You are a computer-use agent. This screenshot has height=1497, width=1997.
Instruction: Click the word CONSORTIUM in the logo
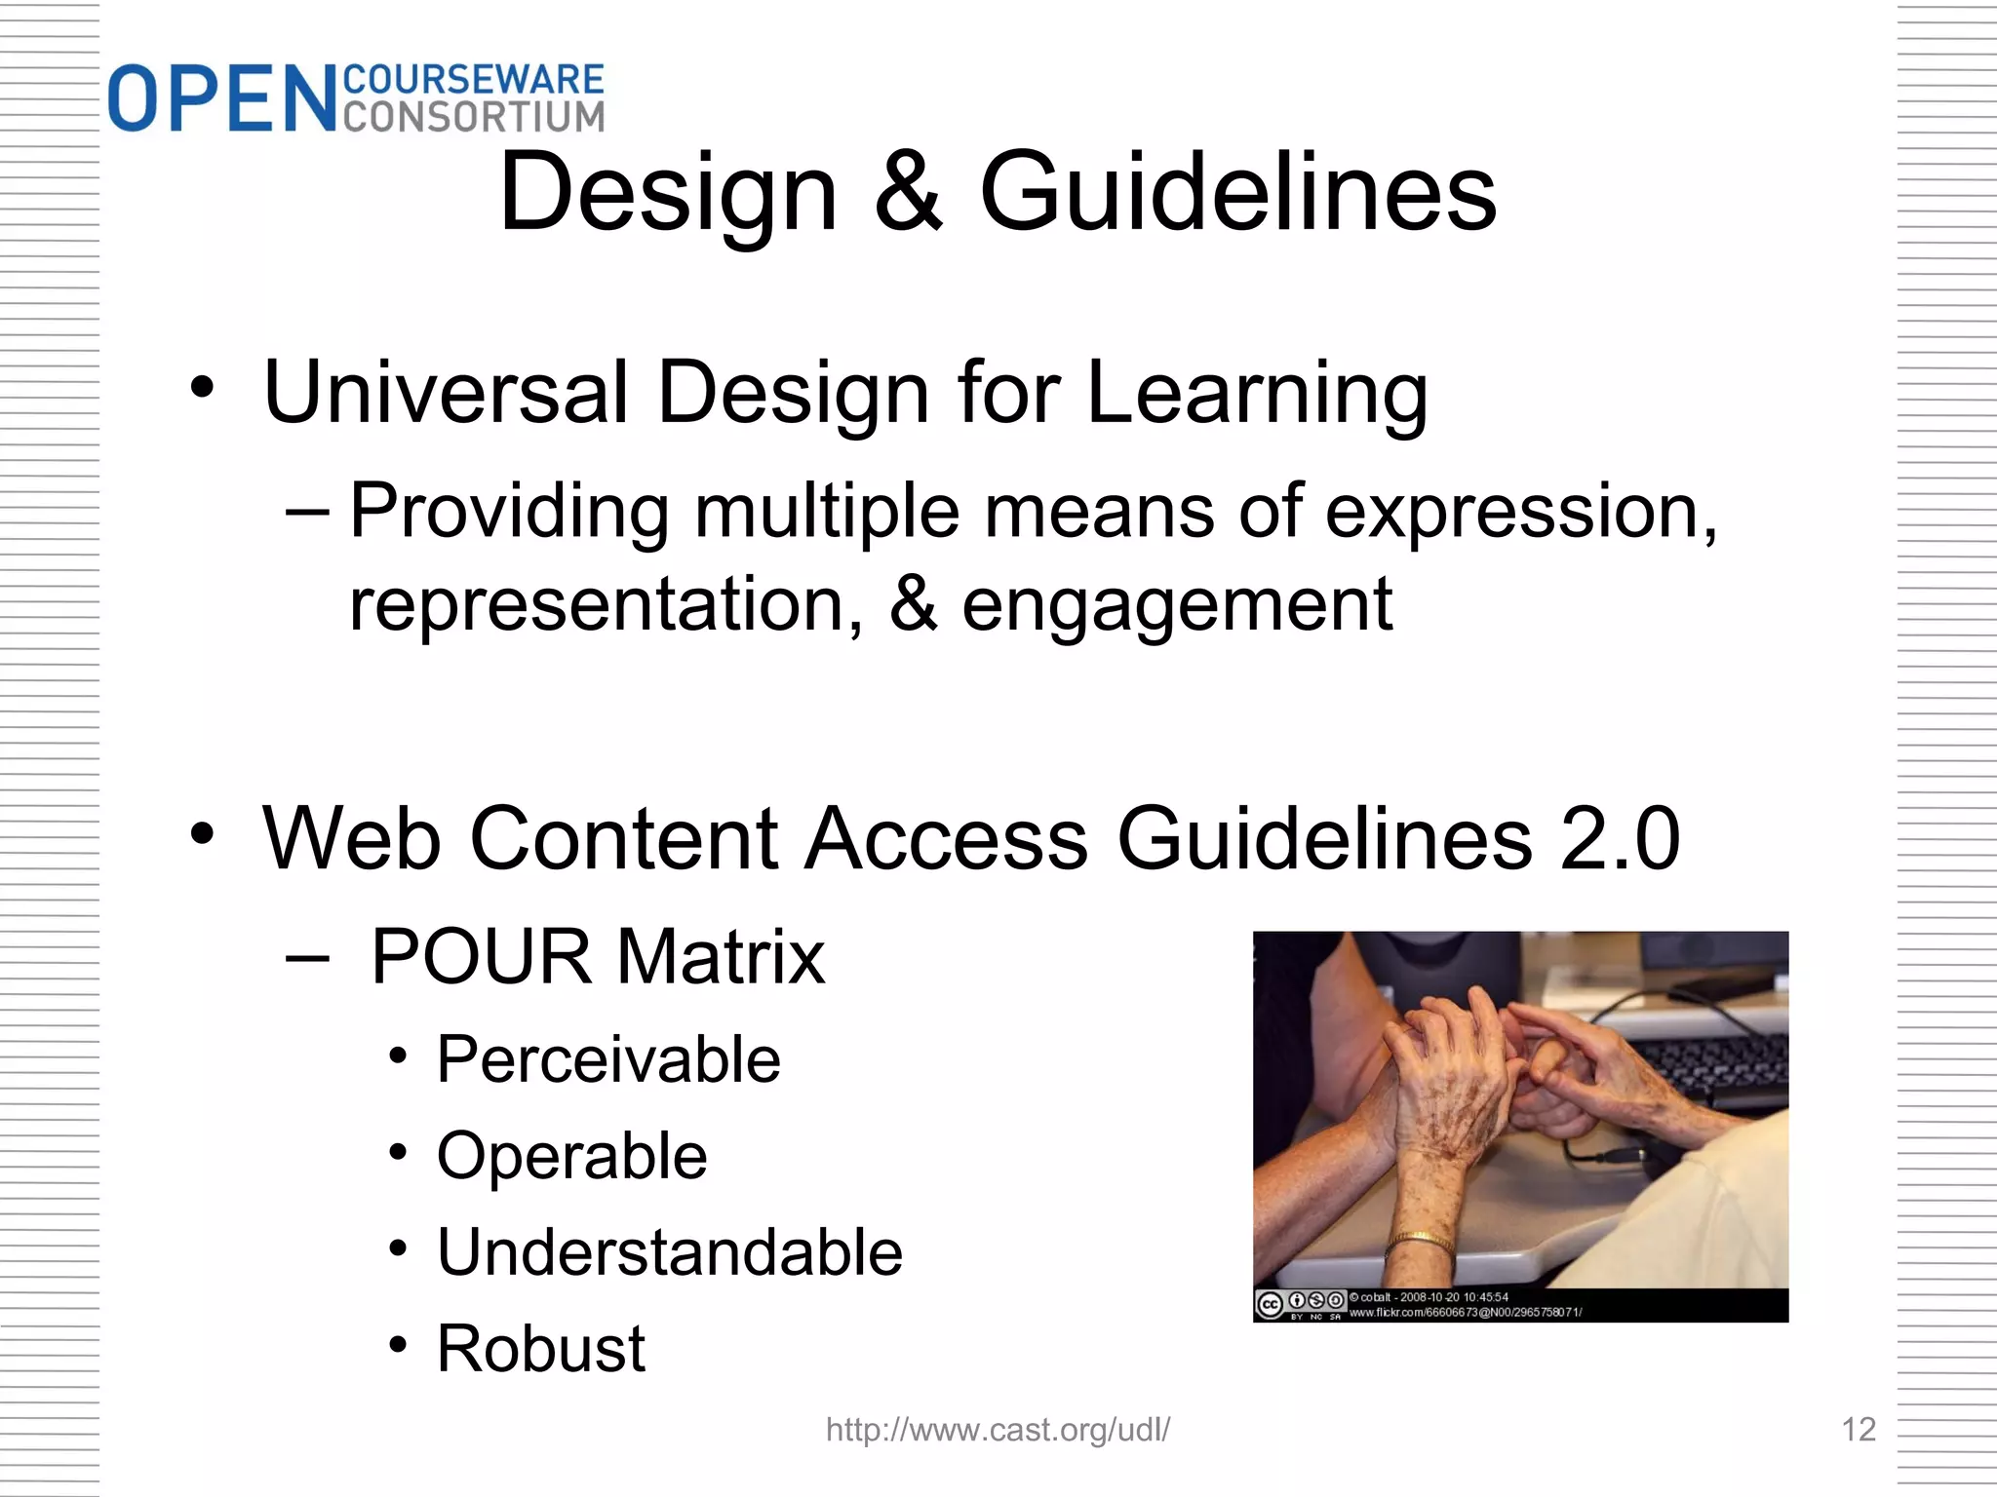474,117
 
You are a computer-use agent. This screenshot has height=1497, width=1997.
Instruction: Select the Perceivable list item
608,1059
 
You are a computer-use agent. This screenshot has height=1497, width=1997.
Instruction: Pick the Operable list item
571,1156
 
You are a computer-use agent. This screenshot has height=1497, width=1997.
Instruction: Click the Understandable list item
669,1252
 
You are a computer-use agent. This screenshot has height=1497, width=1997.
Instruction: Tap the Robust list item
540,1349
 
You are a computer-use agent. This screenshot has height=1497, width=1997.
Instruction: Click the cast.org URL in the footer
998,1430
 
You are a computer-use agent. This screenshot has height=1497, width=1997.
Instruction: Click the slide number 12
1858,1430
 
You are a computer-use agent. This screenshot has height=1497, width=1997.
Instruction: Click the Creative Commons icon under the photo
1270,1304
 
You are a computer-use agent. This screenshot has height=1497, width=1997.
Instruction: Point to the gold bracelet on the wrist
1420,1241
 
